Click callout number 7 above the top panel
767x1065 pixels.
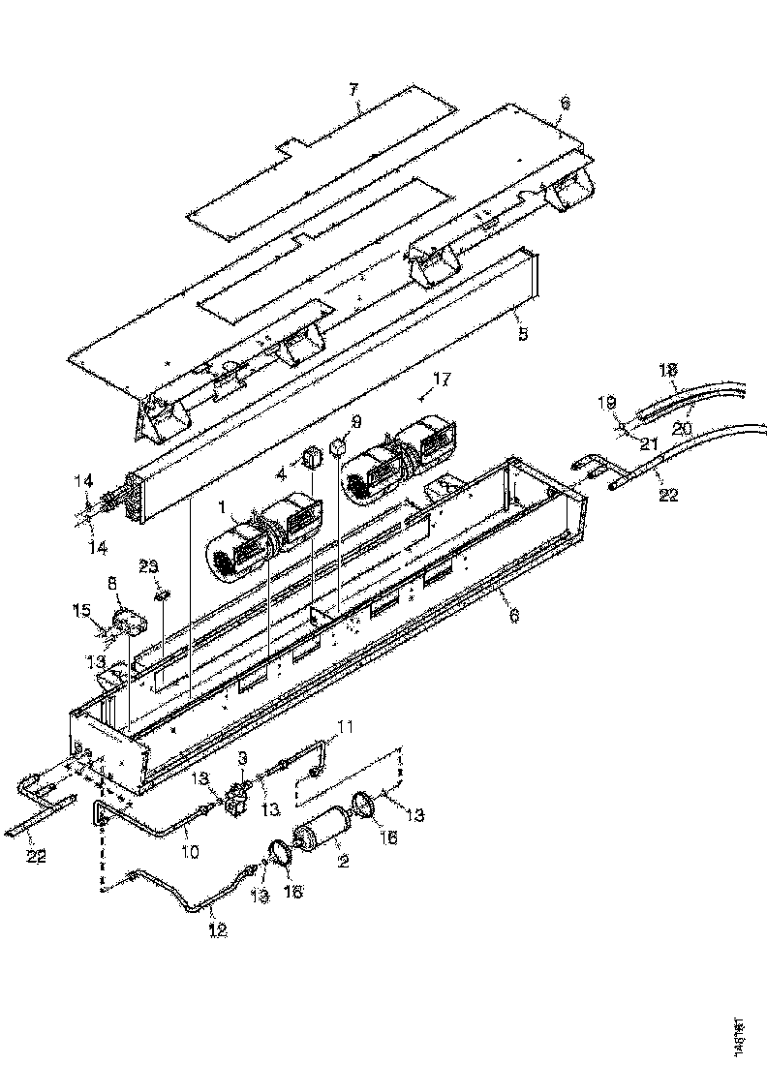coord(353,90)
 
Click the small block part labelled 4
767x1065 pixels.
coord(313,456)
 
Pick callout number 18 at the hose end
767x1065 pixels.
coord(668,370)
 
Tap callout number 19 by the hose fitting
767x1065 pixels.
coord(607,402)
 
